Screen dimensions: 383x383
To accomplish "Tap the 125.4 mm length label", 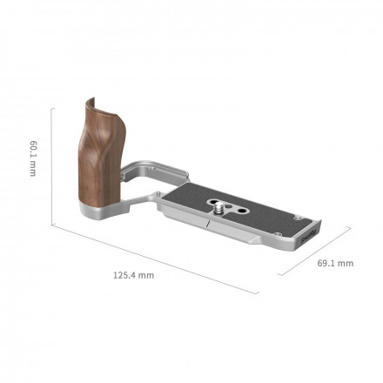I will (x=132, y=275).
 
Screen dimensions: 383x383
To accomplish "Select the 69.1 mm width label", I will (x=334, y=262).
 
